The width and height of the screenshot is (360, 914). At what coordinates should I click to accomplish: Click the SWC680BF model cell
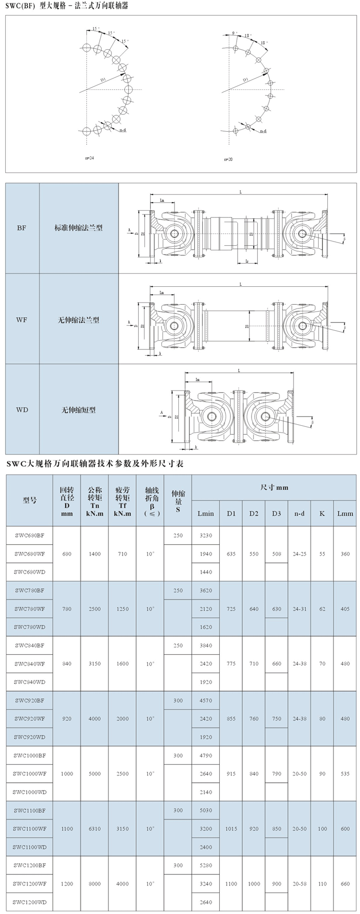(29, 535)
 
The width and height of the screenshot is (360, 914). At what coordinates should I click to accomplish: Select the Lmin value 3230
(206, 535)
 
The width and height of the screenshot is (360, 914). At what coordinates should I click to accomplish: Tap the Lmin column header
(206, 513)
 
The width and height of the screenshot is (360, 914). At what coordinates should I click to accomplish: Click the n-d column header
(299, 513)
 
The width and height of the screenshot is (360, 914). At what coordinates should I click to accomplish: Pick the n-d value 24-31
(299, 609)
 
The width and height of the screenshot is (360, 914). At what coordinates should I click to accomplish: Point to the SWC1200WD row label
(29, 902)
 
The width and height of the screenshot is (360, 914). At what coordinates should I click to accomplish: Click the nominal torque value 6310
(95, 829)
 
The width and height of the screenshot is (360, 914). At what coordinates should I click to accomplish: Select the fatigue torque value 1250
(122, 609)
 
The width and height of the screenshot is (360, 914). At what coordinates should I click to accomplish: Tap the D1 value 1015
(231, 829)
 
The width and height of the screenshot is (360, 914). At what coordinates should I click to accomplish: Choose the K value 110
(322, 884)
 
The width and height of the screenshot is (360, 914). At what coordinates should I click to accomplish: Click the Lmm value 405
(345, 609)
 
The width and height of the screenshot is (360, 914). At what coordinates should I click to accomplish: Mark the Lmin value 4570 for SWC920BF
(206, 700)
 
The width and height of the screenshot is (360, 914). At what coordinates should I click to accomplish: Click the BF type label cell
(22, 228)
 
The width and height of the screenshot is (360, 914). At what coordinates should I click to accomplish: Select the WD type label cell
(22, 410)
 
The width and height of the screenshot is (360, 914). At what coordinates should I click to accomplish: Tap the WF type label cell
(22, 320)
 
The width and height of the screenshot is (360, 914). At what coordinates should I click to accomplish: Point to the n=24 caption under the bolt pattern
(89, 158)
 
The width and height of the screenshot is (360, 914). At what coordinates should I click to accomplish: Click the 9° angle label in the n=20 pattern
(234, 33)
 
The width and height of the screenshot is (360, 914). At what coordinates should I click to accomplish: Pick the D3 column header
(276, 513)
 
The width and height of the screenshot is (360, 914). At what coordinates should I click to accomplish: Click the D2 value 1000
(254, 884)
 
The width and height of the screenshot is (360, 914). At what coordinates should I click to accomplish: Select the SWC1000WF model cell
(29, 774)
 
